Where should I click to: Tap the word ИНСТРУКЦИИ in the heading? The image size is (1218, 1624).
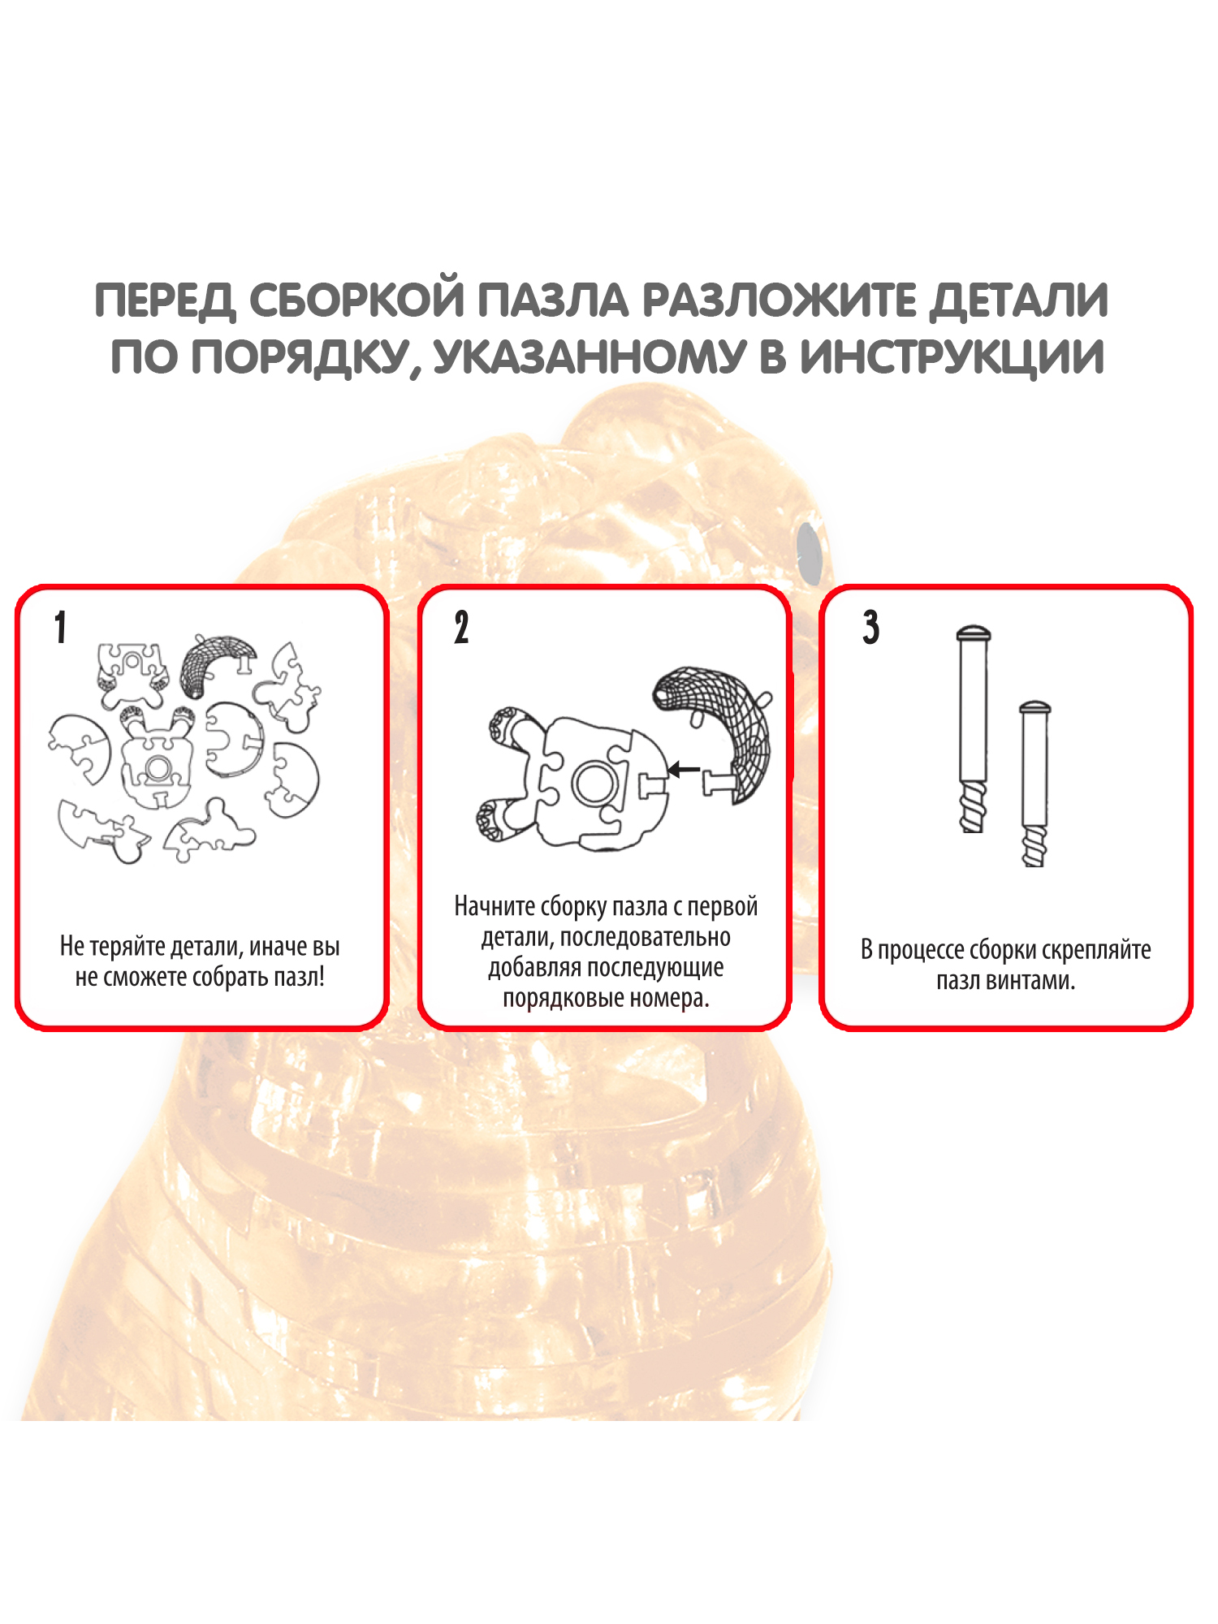pos(952,356)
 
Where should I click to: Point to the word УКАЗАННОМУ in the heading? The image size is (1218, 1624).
pos(589,358)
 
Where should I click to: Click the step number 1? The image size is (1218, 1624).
pos(60,628)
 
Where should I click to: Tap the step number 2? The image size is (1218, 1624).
pos(461,628)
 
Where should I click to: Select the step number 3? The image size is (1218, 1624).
pos(870,628)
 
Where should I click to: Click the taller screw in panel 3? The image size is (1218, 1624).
pos(973,728)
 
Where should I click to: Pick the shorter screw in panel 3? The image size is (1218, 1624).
pos(1034,784)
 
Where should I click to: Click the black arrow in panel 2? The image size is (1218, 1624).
pos(684,769)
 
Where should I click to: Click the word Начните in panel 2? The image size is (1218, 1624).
pos(495,906)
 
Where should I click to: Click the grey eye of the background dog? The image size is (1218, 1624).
pos(810,551)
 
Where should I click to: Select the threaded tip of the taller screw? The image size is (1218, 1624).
pos(973,806)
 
